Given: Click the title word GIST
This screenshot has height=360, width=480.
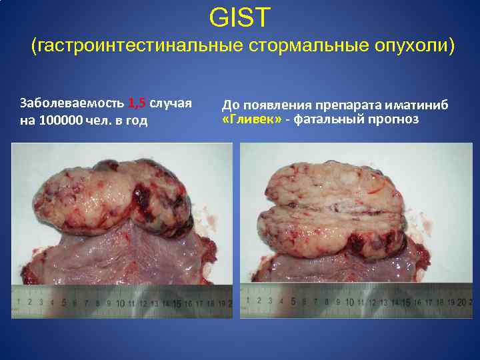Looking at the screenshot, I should click(240, 18).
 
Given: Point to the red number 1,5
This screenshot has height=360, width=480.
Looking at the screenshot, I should click(137, 103).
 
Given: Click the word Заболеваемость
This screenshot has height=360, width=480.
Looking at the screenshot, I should click(72, 103).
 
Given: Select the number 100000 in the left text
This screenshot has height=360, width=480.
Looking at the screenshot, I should click(61, 121).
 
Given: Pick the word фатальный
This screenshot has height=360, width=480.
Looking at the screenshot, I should click(326, 120).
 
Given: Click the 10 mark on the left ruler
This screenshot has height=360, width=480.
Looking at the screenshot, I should click(120, 303).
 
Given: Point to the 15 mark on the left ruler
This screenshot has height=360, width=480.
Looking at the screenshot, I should click(177, 303).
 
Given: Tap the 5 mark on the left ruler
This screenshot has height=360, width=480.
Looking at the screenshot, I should click(64, 303).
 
